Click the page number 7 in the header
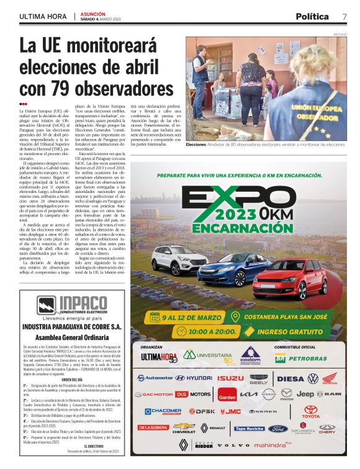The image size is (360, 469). (344, 16)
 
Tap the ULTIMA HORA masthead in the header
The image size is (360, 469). (44, 16)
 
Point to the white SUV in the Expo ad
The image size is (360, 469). (179, 259)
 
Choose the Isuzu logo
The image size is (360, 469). (230, 378)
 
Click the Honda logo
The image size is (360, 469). (330, 378)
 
